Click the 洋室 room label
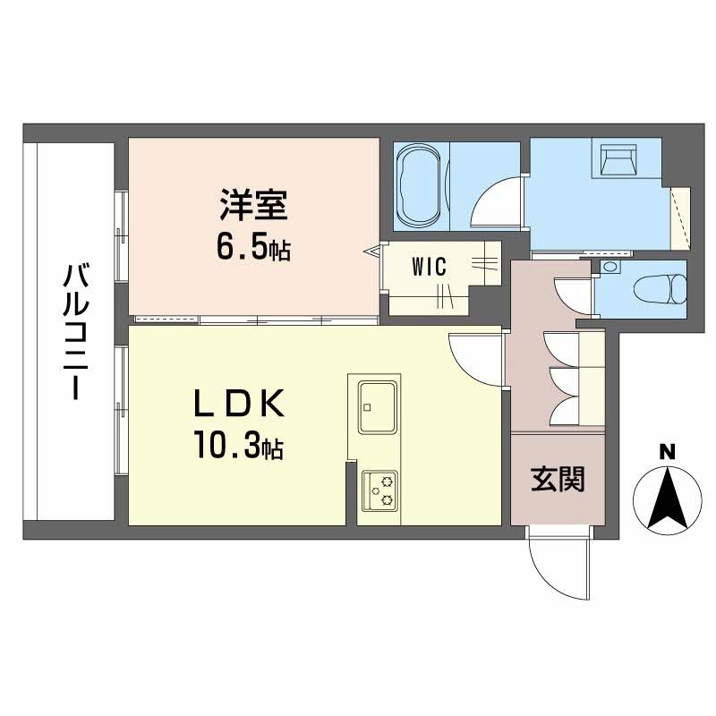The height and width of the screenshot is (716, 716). (x=253, y=206)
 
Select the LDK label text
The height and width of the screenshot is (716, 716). (x=239, y=404)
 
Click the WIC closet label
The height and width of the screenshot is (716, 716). (x=429, y=267)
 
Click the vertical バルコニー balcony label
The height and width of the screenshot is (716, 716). (x=74, y=332)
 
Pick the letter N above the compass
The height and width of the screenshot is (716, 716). (x=667, y=452)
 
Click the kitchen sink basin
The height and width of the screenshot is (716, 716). (x=377, y=406)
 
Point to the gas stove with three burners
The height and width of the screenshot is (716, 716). (x=379, y=490)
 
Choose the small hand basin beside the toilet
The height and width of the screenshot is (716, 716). (x=609, y=266)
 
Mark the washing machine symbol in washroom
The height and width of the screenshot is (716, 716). (x=618, y=160)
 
